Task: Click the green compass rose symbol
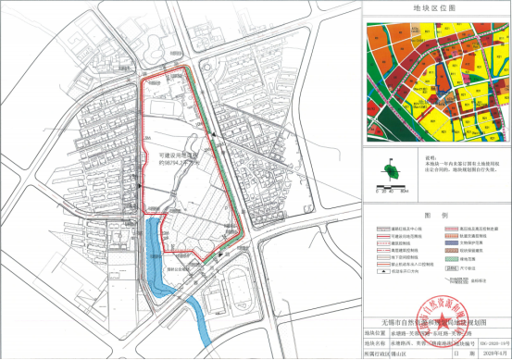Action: (x=393, y=169)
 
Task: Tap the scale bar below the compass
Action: (x=393, y=191)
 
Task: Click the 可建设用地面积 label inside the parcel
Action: (x=176, y=156)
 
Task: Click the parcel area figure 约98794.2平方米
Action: (x=177, y=165)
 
